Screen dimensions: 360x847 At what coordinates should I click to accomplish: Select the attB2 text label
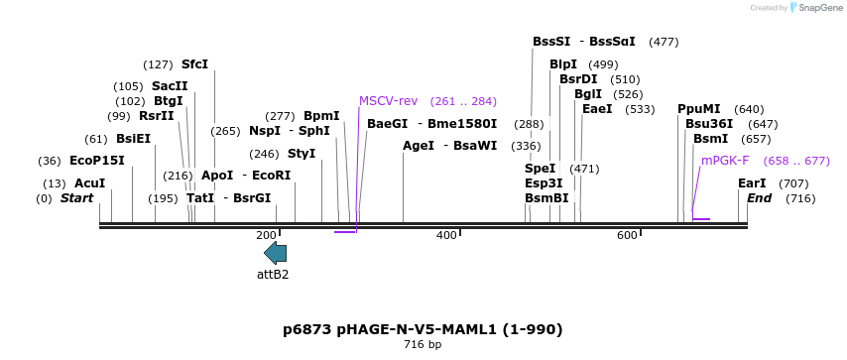pyautogui.click(x=273, y=274)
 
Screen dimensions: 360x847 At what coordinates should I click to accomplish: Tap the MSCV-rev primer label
pyautogui.click(x=388, y=101)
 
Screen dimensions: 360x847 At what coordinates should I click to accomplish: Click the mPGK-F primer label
pyautogui.click(x=725, y=161)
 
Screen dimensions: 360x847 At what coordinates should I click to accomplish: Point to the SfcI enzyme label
pyautogui.click(x=194, y=64)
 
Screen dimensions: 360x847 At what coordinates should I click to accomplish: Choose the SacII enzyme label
pyautogui.click(x=170, y=86)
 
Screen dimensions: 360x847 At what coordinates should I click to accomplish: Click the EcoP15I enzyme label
pyautogui.click(x=97, y=161)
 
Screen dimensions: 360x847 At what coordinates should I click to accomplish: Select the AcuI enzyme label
pyautogui.click(x=89, y=183)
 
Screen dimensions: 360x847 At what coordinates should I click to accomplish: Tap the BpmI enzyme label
pyautogui.click(x=321, y=116)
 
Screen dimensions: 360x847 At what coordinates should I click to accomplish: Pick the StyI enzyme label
pyautogui.click(x=302, y=154)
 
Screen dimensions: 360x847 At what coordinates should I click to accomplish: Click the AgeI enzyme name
pyautogui.click(x=419, y=146)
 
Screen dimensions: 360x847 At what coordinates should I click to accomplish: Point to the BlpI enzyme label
pyautogui.click(x=563, y=64)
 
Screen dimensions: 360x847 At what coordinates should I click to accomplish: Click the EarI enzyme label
pyautogui.click(x=752, y=183)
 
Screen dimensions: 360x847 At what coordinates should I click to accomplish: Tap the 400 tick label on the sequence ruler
pyautogui.click(x=446, y=235)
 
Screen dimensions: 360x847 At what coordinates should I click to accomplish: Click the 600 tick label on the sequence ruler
pyautogui.click(x=627, y=235)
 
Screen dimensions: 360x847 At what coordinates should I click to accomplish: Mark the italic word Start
pyautogui.click(x=76, y=198)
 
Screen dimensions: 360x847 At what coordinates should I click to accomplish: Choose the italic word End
pyautogui.click(x=759, y=198)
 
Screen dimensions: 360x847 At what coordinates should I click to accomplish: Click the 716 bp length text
pyautogui.click(x=423, y=345)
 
